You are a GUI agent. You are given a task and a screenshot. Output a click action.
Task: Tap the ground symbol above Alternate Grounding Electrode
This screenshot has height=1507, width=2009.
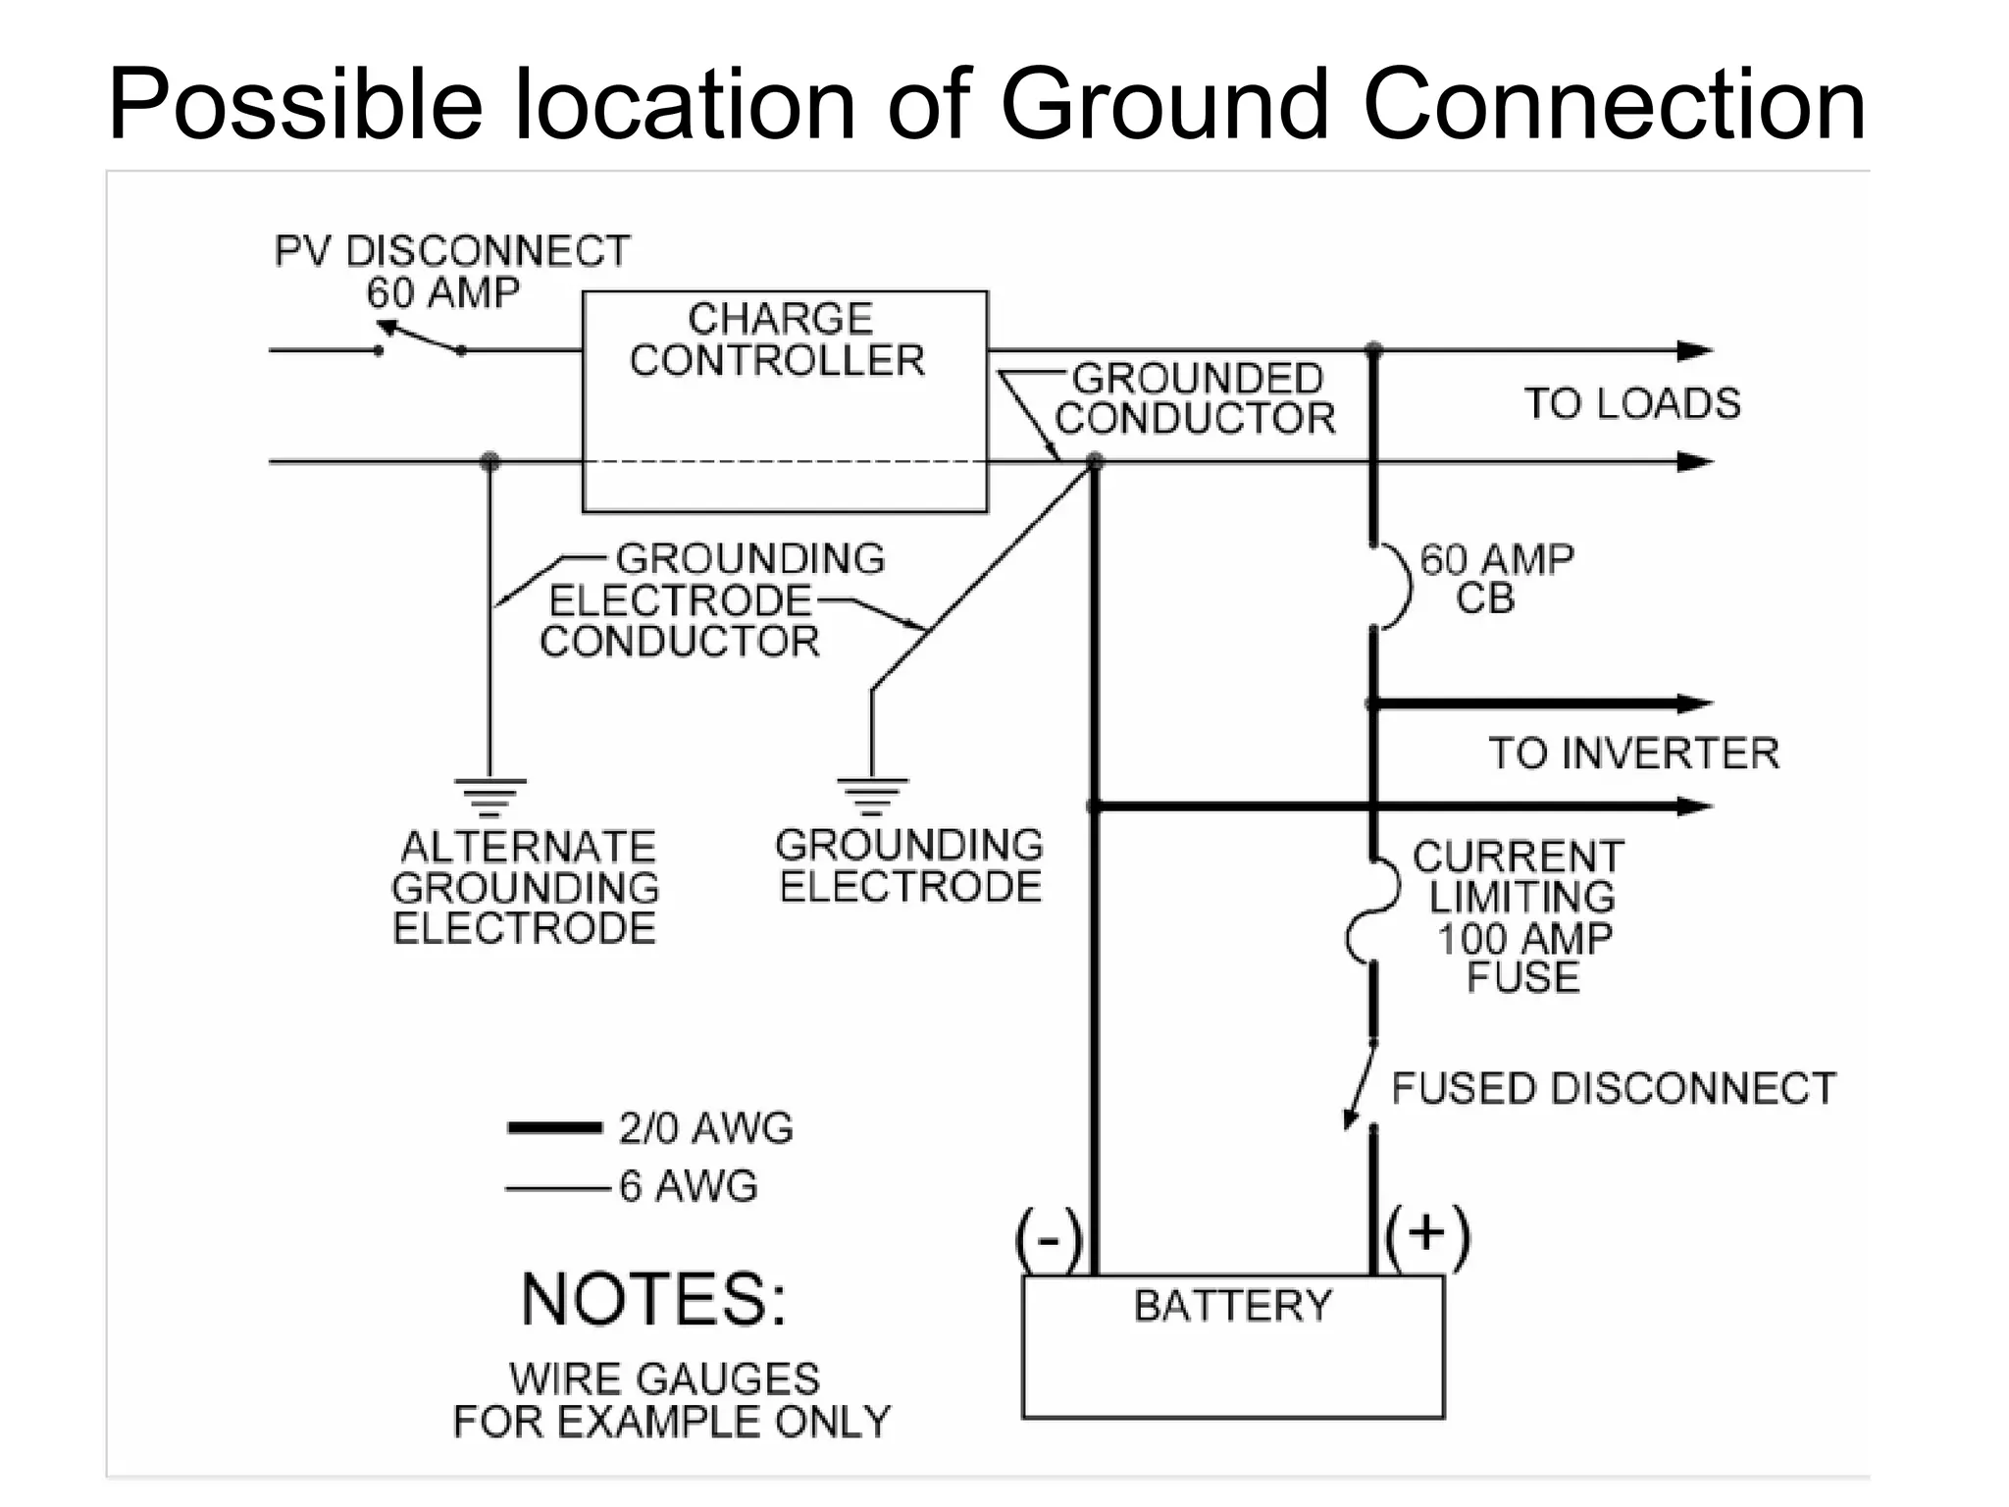tap(489, 796)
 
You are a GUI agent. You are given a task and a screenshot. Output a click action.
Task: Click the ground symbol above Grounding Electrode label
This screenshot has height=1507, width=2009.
tap(871, 796)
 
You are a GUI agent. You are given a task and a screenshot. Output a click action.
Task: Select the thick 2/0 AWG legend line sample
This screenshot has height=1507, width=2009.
tap(554, 1127)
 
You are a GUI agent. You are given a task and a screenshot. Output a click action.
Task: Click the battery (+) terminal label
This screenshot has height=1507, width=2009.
tap(1427, 1234)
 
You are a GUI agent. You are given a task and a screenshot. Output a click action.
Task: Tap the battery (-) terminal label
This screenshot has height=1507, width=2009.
tap(1049, 1238)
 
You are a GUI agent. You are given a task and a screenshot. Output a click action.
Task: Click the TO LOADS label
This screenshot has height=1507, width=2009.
tap(1631, 403)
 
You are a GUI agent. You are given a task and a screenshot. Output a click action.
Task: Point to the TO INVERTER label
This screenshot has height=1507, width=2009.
tap(1633, 753)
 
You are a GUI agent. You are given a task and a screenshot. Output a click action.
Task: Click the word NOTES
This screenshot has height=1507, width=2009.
tap(653, 1300)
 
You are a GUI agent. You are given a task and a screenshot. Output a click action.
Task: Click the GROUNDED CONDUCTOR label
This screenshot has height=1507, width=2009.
tap(1196, 398)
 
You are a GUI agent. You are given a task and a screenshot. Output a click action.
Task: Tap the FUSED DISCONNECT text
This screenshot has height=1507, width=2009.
tap(1613, 1089)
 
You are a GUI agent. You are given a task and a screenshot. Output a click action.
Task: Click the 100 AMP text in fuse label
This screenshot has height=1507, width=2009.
tap(1523, 938)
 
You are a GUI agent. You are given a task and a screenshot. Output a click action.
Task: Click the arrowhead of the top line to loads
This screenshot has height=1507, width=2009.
tap(1695, 350)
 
